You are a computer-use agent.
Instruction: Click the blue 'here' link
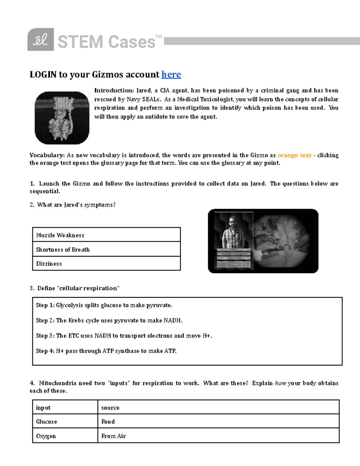(x=171, y=74)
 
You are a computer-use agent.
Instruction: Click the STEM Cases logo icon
(x=40, y=40)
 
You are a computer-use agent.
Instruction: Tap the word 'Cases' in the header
(x=132, y=42)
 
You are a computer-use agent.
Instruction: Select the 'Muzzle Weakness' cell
(x=106, y=235)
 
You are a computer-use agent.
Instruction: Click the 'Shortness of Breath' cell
(x=106, y=249)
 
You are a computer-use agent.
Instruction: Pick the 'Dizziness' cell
(x=106, y=263)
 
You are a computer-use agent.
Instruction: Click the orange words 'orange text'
(x=294, y=155)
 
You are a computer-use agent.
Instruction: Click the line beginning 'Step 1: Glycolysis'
(x=104, y=305)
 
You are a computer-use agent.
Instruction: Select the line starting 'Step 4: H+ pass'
(x=106, y=351)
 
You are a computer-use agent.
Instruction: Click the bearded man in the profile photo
(x=233, y=231)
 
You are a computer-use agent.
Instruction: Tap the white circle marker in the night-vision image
(x=270, y=242)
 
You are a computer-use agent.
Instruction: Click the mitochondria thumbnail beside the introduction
(x=62, y=118)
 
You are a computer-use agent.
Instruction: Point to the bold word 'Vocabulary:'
(x=47, y=155)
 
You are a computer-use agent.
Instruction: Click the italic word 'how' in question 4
(x=280, y=383)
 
